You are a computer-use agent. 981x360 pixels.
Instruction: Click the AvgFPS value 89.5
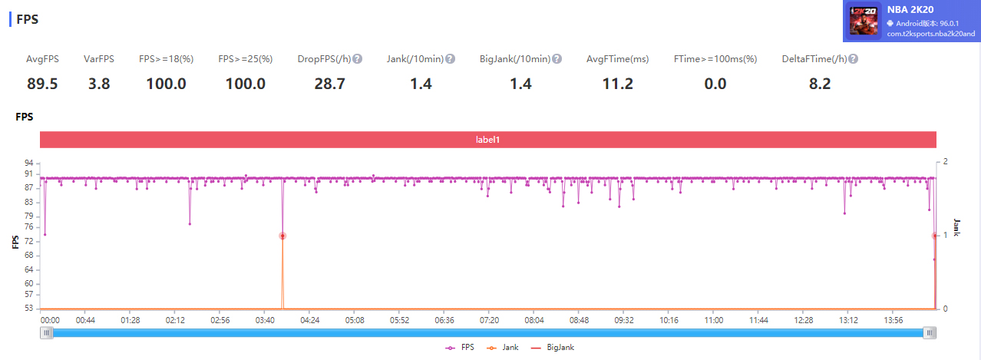[42, 84]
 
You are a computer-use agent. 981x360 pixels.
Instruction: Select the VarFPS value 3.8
[99, 84]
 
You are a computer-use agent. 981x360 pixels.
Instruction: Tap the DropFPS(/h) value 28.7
[329, 84]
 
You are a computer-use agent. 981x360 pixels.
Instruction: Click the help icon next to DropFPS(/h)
[358, 59]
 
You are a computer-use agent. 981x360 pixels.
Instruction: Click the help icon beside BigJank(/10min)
[557, 59]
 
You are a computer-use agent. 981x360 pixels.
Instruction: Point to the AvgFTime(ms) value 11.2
[617, 84]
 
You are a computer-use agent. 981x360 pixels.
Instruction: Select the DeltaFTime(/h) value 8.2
[820, 84]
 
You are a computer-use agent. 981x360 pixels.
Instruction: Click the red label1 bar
[488, 140]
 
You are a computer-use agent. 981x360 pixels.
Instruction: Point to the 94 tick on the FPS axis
[28, 163]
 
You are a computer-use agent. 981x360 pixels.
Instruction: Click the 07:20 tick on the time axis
[489, 319]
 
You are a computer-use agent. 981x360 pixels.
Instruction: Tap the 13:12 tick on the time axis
[848, 319]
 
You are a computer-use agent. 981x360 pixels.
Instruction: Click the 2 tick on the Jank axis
[946, 162]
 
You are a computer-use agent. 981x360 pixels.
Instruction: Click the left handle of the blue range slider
[48, 332]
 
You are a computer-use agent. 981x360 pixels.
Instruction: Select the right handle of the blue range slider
[930, 332]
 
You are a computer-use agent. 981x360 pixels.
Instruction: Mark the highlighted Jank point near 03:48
[282, 236]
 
